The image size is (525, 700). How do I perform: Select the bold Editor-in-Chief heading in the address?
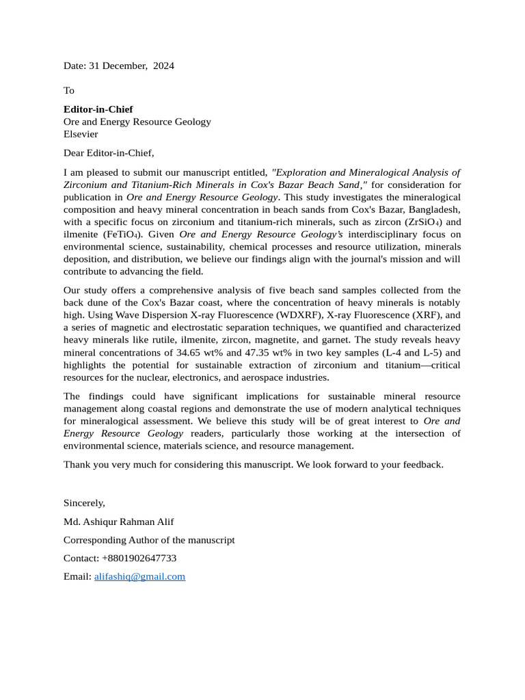click(x=98, y=109)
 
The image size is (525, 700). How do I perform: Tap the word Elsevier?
click(x=81, y=134)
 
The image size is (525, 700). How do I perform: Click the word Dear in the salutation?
click(x=75, y=152)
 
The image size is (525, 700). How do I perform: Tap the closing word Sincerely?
click(x=84, y=502)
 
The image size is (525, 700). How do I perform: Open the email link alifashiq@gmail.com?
click(x=139, y=576)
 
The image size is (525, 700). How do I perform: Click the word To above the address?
click(x=69, y=90)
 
